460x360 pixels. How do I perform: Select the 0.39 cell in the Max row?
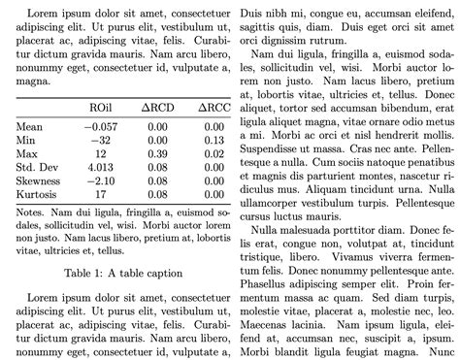(158, 153)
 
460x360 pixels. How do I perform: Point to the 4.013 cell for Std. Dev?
(99, 167)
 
